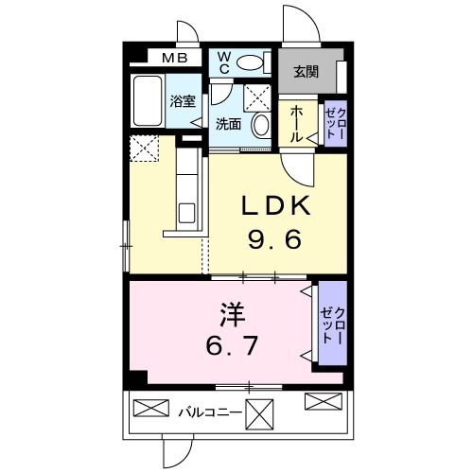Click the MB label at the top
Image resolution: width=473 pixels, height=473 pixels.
click(173, 59)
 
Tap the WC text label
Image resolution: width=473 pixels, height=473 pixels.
click(225, 62)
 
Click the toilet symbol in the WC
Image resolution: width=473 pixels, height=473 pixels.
click(251, 63)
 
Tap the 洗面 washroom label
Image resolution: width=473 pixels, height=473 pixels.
click(227, 124)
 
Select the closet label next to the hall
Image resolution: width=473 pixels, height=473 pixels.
click(335, 124)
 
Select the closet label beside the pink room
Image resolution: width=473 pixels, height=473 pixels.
click(332, 324)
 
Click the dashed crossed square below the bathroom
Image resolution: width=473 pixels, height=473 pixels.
click(146, 149)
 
